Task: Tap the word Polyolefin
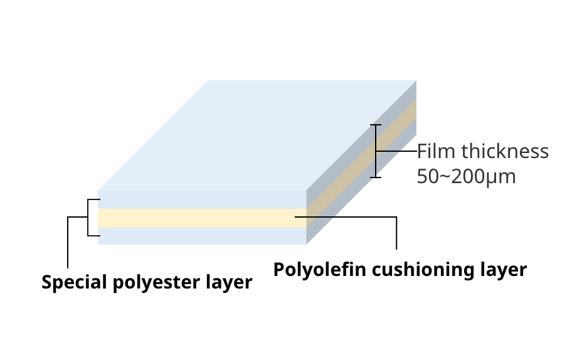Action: (x=319, y=270)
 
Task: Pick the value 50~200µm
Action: (x=466, y=177)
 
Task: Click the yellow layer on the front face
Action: (x=201, y=218)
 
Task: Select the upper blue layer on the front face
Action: (x=201, y=199)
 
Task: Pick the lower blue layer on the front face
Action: (x=201, y=236)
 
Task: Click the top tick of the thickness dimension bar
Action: (x=375, y=125)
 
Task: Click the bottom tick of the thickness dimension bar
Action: (x=375, y=177)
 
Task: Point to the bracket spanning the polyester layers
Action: (x=88, y=218)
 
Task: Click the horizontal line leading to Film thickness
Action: (x=396, y=151)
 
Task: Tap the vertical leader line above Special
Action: (x=67, y=245)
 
